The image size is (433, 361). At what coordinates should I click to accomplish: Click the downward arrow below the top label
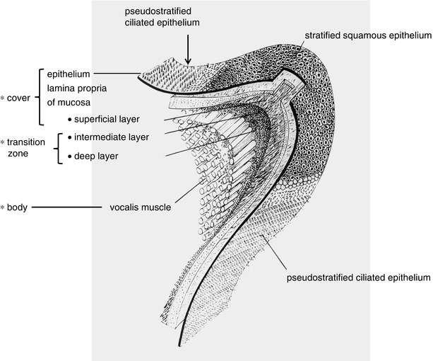tap(187, 49)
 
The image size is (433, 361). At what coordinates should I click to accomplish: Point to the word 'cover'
tap(18, 98)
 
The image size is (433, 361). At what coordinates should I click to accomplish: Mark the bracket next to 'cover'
tap(37, 98)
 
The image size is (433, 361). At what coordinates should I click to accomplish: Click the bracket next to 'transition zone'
tap(57, 147)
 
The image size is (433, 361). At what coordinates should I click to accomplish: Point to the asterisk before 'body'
tap(4, 208)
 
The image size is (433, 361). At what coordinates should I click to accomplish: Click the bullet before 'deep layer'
tap(69, 156)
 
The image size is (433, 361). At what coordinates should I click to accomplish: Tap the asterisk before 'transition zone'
tap(4, 142)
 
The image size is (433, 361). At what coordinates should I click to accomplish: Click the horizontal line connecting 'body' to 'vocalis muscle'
tap(67, 208)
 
